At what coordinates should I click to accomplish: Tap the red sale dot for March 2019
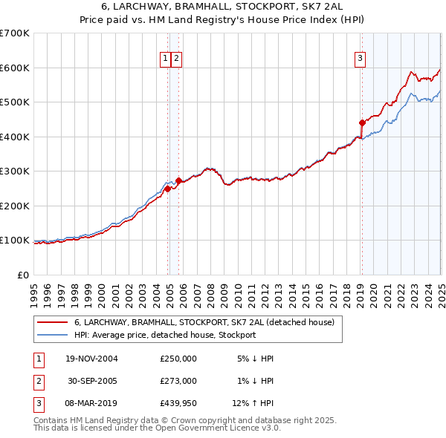tap(362, 122)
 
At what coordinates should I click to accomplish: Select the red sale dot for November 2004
tap(168, 189)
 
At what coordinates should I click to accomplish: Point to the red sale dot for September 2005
tap(179, 180)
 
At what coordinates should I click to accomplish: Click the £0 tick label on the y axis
tap(22, 275)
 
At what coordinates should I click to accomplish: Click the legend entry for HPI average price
tap(164, 335)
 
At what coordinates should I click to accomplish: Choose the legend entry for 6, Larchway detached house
tap(204, 322)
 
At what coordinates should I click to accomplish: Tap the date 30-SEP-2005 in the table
tap(93, 381)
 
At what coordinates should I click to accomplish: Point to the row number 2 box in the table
tap(38, 381)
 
